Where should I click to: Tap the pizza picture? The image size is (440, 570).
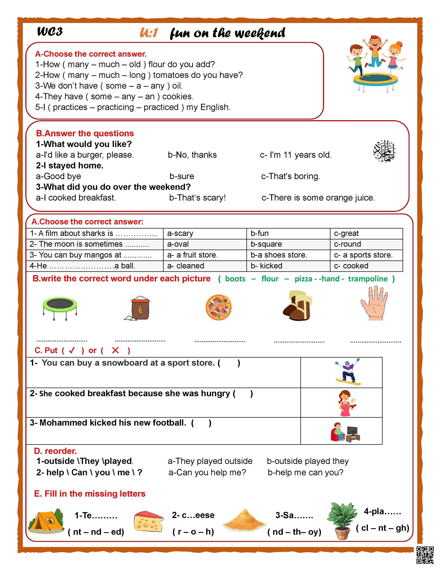pos(218,307)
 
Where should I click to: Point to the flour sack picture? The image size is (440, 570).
pos(138,308)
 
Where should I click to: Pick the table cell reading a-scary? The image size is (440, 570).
pos(180,233)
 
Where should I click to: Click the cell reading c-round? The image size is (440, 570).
pos(348,244)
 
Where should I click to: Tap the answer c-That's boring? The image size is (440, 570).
pos(290,176)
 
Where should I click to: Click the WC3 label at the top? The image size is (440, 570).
pos(50,32)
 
